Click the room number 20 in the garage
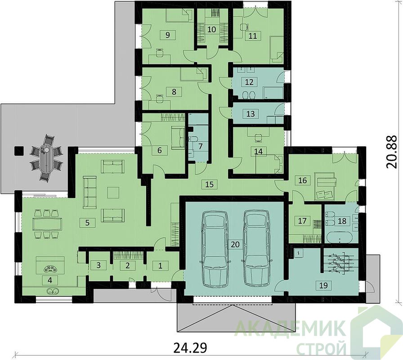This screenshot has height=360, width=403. pos(235,244)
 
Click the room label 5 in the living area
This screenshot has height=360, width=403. pos(87,222)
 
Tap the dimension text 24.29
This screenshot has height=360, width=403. pos(190,348)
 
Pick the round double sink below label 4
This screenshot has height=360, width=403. pos(53,291)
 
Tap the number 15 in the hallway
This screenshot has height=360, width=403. pos(210,184)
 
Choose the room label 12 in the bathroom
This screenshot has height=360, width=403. pos(249,82)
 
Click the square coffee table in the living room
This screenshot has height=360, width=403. pos(113,192)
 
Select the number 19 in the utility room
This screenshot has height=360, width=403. pos(323,285)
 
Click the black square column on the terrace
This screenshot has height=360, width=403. pos(19,151)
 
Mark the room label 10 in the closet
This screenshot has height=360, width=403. pos(211,29)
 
